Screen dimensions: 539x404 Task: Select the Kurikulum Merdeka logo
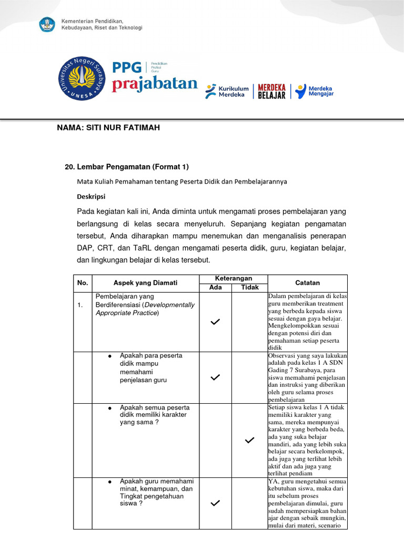click(x=227, y=92)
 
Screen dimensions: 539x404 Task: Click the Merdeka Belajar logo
click(x=271, y=91)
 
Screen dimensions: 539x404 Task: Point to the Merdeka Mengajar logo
click(x=314, y=91)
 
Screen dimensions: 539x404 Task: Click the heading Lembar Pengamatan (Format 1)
click(x=126, y=167)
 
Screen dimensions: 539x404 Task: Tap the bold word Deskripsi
click(x=92, y=196)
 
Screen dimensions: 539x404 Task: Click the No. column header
click(x=83, y=283)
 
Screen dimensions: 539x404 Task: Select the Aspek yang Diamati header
click(x=146, y=283)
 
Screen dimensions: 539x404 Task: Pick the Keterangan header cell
click(x=234, y=278)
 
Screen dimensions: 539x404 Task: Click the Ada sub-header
click(x=216, y=287)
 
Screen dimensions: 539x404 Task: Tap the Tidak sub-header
click(x=250, y=287)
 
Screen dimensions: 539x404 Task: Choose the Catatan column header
click(x=307, y=283)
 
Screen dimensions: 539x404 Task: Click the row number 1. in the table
click(x=79, y=305)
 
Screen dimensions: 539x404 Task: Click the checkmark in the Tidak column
click(x=250, y=440)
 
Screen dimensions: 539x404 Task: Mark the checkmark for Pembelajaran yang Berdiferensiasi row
click(x=215, y=322)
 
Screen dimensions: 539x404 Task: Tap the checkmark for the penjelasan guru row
click(x=215, y=377)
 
